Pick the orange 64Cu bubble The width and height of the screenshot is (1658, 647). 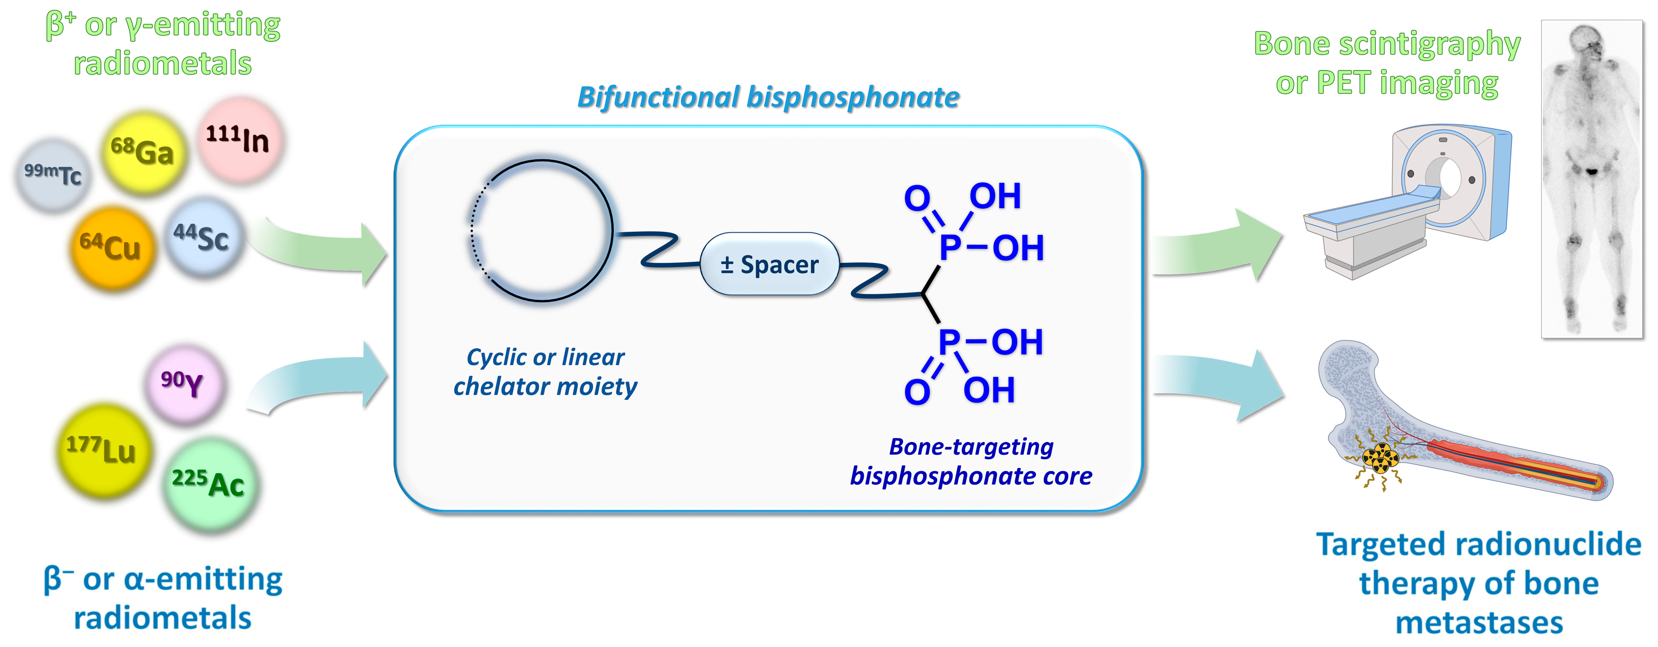[x=112, y=248]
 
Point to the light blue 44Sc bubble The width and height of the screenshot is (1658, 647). [x=203, y=237]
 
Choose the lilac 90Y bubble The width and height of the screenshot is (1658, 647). [x=184, y=384]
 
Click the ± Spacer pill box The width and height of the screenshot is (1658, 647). [x=769, y=264]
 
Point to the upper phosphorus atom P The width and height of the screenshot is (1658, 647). [x=950, y=247]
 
